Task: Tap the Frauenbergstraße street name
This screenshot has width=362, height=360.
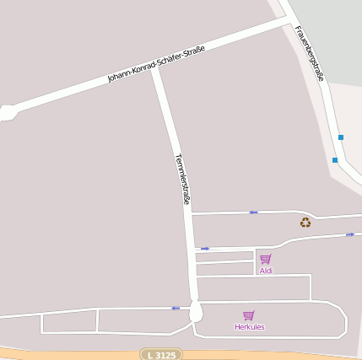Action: tap(309, 53)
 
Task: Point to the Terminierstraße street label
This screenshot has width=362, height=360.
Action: tap(182, 180)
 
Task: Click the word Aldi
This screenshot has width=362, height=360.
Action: tap(266, 271)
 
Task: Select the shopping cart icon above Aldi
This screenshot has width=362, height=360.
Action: tap(266, 259)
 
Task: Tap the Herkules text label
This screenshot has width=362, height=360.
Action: tap(250, 326)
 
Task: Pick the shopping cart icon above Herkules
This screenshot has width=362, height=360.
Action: tap(249, 315)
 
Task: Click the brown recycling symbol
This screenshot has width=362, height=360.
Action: tap(305, 223)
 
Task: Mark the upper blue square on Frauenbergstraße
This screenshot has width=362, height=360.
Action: tap(341, 137)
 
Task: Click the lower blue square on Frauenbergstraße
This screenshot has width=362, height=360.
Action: tap(335, 159)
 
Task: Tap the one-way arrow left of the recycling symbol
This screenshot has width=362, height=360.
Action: tap(253, 212)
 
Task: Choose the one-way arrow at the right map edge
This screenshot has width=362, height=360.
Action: tap(350, 234)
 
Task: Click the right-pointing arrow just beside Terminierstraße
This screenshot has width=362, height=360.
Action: tap(205, 249)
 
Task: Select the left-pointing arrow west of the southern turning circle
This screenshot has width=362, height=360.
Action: tap(176, 308)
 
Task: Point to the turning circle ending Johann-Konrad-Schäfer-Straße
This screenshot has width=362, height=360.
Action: tap(8, 112)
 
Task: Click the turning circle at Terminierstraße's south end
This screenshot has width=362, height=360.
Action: tap(196, 313)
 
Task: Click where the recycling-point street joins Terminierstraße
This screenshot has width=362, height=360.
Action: tap(190, 214)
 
